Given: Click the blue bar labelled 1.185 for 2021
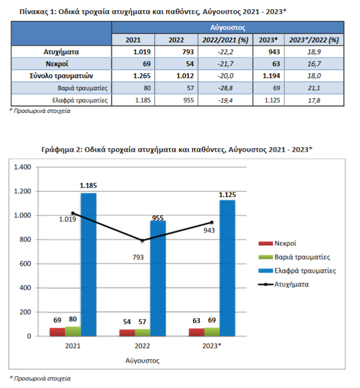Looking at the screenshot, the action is coord(89,265).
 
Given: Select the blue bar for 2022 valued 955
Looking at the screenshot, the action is coord(158,278).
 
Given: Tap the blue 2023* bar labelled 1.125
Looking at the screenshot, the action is coord(227,268).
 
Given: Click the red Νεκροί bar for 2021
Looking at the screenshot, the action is coord(58,332).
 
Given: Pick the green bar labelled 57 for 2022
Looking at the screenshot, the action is coord(142,333).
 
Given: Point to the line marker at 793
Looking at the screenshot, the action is coord(142,241).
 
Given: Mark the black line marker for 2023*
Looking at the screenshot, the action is coord(212,222).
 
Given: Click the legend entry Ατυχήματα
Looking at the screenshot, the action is coord(283,284).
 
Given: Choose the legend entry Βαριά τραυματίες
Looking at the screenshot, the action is coord(294,257).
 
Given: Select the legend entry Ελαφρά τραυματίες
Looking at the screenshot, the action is coord(297,271).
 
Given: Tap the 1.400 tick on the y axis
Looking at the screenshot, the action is coord(22,167).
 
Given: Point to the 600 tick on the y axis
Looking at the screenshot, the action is coord(26,264).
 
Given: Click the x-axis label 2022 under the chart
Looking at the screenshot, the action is coord(142,346).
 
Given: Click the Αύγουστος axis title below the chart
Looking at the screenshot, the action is coord(142,360).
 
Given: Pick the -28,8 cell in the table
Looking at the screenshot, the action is coord(225,88).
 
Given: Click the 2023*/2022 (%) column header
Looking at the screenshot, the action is coord(314,40).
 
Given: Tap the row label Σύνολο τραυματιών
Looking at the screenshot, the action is coord(61,76).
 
